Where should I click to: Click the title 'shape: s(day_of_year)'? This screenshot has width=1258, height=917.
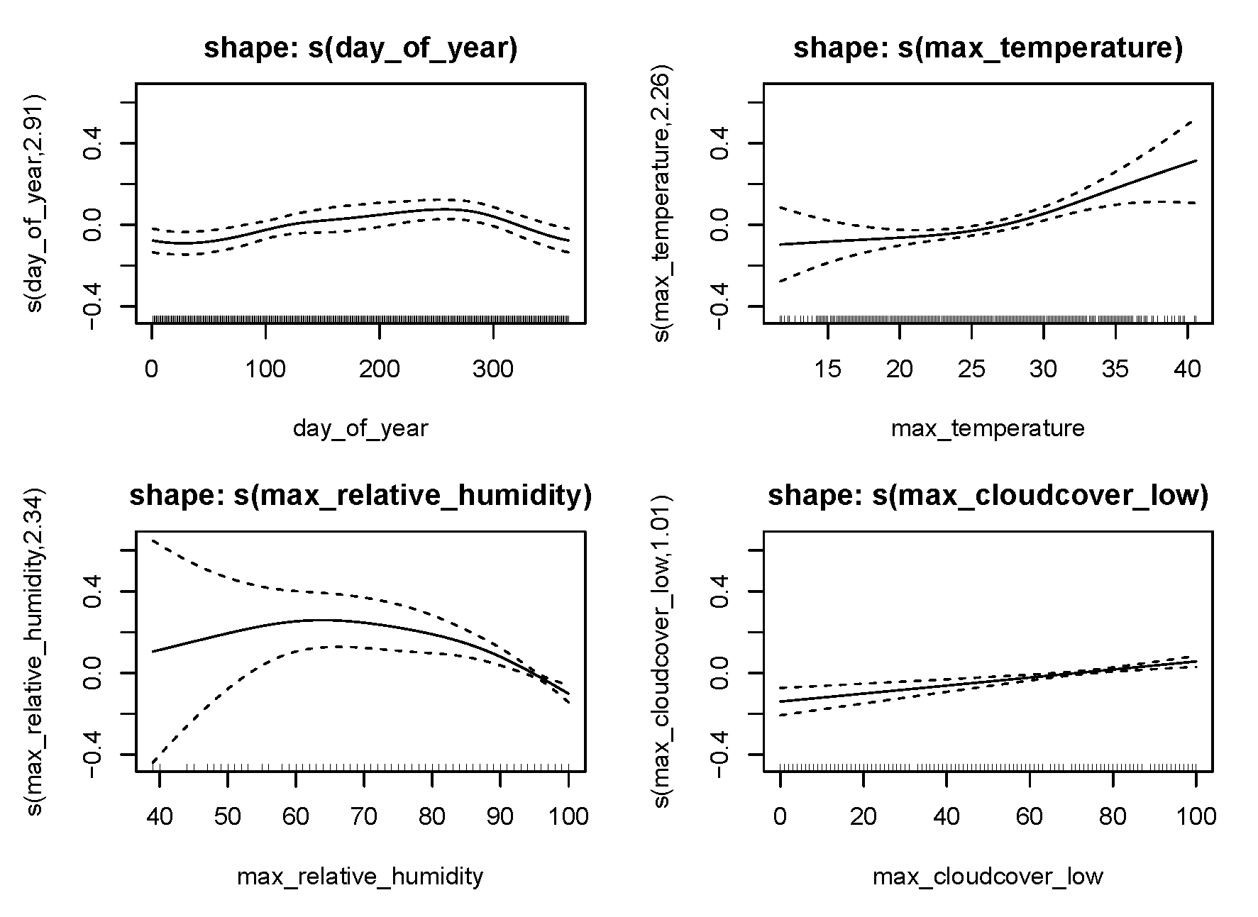tap(360, 48)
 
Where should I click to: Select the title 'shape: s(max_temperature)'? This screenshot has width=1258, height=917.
tap(988, 48)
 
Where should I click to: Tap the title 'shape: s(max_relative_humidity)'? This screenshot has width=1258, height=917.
tap(360, 496)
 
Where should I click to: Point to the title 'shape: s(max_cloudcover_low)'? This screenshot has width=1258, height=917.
tap(988, 496)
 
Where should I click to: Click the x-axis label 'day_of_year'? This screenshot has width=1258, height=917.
tap(360, 429)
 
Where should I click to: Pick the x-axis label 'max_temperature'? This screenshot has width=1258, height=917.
tap(988, 429)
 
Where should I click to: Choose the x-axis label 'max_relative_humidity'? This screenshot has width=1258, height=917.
tap(360, 877)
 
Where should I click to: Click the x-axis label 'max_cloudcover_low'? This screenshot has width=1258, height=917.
tap(988, 877)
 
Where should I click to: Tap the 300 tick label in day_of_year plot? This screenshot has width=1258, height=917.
tap(493, 369)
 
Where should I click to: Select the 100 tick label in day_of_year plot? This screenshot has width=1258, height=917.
tap(265, 369)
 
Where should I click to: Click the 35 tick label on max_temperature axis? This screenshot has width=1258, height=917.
tap(1115, 369)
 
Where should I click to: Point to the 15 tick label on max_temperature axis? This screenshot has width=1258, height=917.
tap(828, 369)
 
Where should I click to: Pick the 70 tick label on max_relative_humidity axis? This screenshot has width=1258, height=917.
tap(364, 816)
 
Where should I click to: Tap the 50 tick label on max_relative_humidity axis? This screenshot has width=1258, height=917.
tap(227, 816)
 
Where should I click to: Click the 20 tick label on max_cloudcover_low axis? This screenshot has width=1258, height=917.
tap(864, 816)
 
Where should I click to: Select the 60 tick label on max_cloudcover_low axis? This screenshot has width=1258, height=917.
tap(1030, 816)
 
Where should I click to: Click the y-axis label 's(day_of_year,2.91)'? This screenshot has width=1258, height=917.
tap(34, 203)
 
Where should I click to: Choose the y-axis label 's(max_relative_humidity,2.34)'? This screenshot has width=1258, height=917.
tap(34, 651)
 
